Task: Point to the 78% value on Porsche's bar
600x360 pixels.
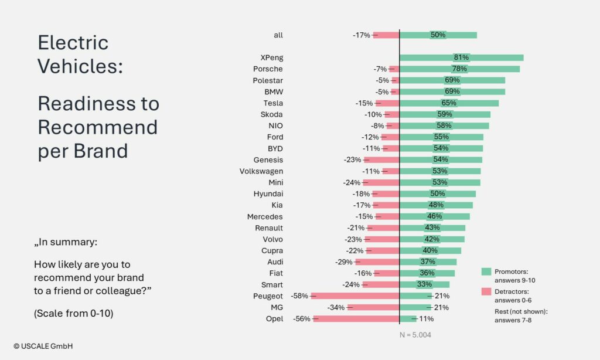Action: coord(460,69)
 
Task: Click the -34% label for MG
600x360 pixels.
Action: coord(336,307)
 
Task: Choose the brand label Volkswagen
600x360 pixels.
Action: coord(261,171)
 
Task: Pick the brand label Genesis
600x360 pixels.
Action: coord(268,159)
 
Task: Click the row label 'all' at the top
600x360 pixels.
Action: coord(278,35)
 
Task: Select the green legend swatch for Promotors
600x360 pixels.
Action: coord(486,272)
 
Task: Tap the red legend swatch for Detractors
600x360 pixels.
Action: coord(486,291)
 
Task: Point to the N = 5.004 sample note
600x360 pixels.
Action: coord(415,335)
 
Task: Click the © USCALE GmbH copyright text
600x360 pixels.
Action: coord(43,347)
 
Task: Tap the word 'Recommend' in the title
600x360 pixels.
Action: coord(98,127)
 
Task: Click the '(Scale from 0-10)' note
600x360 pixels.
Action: coord(73,313)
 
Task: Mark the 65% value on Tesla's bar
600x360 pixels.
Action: coord(449,103)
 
